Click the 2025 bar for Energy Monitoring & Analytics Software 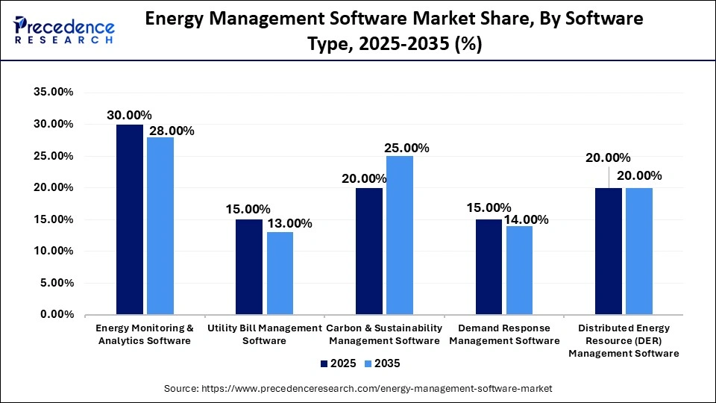pos(130,219)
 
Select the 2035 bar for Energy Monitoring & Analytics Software pos(160,226)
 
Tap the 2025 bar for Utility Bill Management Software pos(249,267)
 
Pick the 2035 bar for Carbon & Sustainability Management pos(400,235)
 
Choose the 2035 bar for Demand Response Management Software pos(519,270)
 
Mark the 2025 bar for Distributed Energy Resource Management pos(609,252)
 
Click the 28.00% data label pos(172,131)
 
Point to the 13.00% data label pos(289,223)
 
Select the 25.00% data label pos(406,148)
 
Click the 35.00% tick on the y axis pos(52,93)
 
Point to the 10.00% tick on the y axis pos(52,252)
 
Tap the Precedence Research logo pos(64,31)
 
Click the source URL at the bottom pos(358,389)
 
